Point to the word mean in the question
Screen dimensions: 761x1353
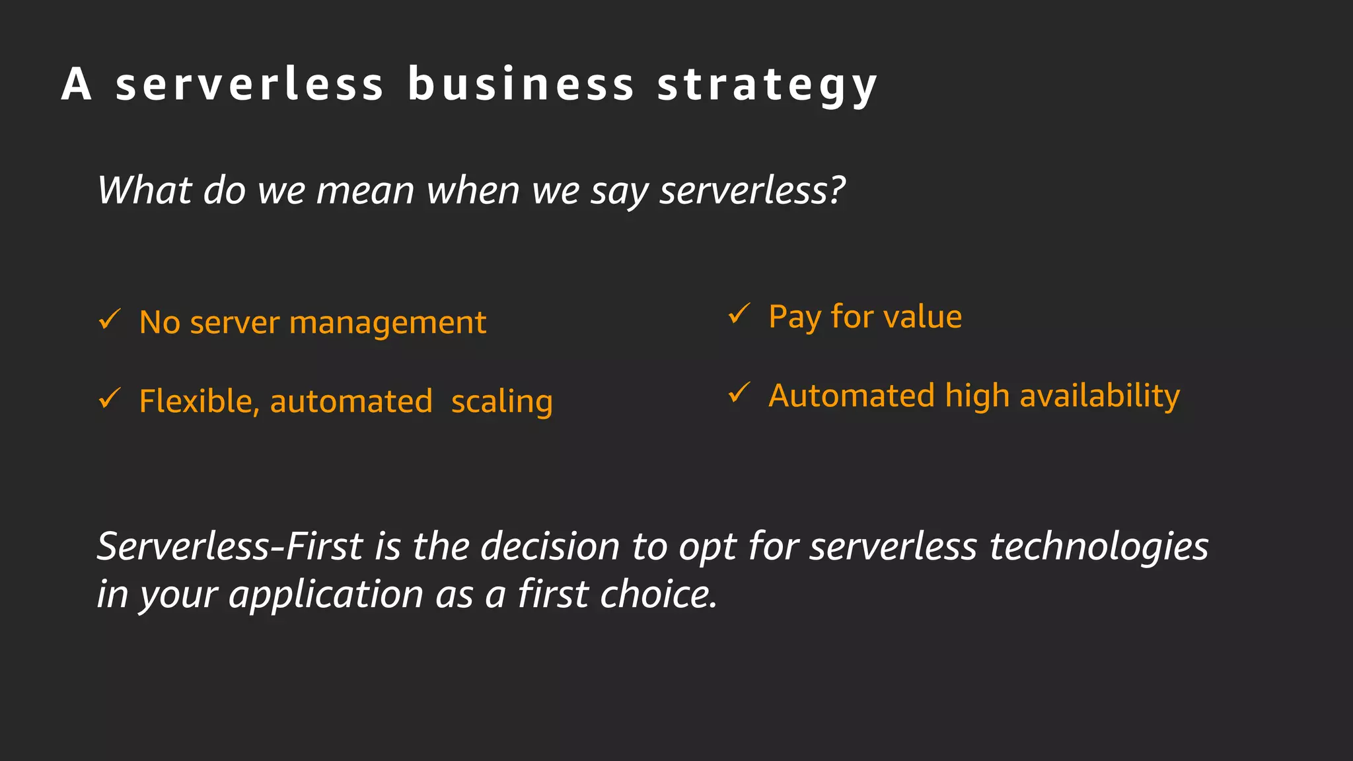[x=365, y=191]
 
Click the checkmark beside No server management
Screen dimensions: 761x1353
[x=110, y=320]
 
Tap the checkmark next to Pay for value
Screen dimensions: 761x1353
[x=739, y=314]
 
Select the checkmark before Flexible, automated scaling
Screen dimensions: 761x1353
[x=110, y=398]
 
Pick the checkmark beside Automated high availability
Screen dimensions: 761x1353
[x=739, y=393]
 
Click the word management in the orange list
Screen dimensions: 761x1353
[x=388, y=324]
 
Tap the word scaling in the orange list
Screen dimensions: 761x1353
[x=501, y=402]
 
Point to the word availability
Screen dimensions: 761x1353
[x=1099, y=396]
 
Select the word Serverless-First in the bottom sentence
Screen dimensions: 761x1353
[x=230, y=546]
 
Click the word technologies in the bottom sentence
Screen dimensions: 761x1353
[x=1099, y=547]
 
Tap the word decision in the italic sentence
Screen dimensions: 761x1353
[x=550, y=546]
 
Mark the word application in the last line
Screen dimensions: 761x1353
[x=326, y=595]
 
